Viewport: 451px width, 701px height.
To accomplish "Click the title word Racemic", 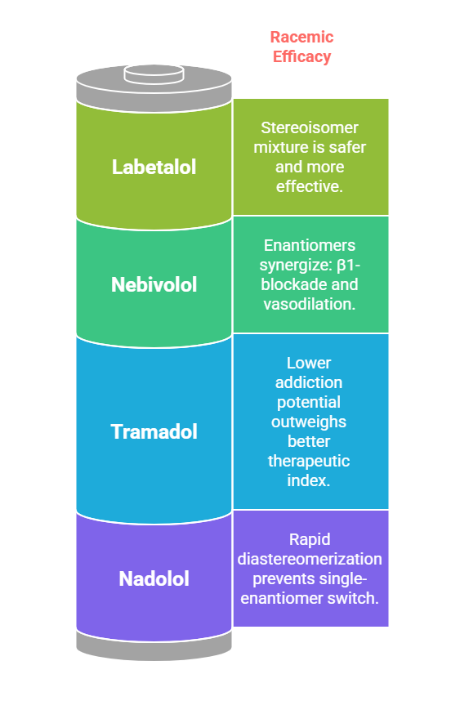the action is click(x=301, y=37).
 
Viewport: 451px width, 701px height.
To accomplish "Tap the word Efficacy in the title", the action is click(x=301, y=56).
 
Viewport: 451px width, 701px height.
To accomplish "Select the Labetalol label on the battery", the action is click(x=154, y=167).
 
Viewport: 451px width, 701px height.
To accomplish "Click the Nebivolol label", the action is click(x=154, y=285).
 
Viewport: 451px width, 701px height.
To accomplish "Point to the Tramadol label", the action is click(x=154, y=432).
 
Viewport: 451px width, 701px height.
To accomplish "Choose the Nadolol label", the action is click(x=154, y=579).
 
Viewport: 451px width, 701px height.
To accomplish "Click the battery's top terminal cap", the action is click(x=154, y=74).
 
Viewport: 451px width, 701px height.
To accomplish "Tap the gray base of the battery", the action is click(x=154, y=647).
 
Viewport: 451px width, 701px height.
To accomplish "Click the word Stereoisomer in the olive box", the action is click(x=310, y=127).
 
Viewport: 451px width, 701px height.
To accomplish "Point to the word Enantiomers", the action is click(x=310, y=245).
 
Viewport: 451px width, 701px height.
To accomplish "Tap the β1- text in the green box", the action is click(x=348, y=265).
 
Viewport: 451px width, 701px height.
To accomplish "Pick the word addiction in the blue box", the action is click(x=309, y=382).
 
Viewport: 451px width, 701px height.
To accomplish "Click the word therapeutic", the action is click(x=309, y=461).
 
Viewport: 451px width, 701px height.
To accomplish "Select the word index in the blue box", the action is click(x=307, y=480).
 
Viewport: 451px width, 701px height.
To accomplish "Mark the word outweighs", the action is click(x=309, y=422).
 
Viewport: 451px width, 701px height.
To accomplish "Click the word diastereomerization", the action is click(x=310, y=560).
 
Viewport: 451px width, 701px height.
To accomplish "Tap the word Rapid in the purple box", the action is click(x=310, y=539).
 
